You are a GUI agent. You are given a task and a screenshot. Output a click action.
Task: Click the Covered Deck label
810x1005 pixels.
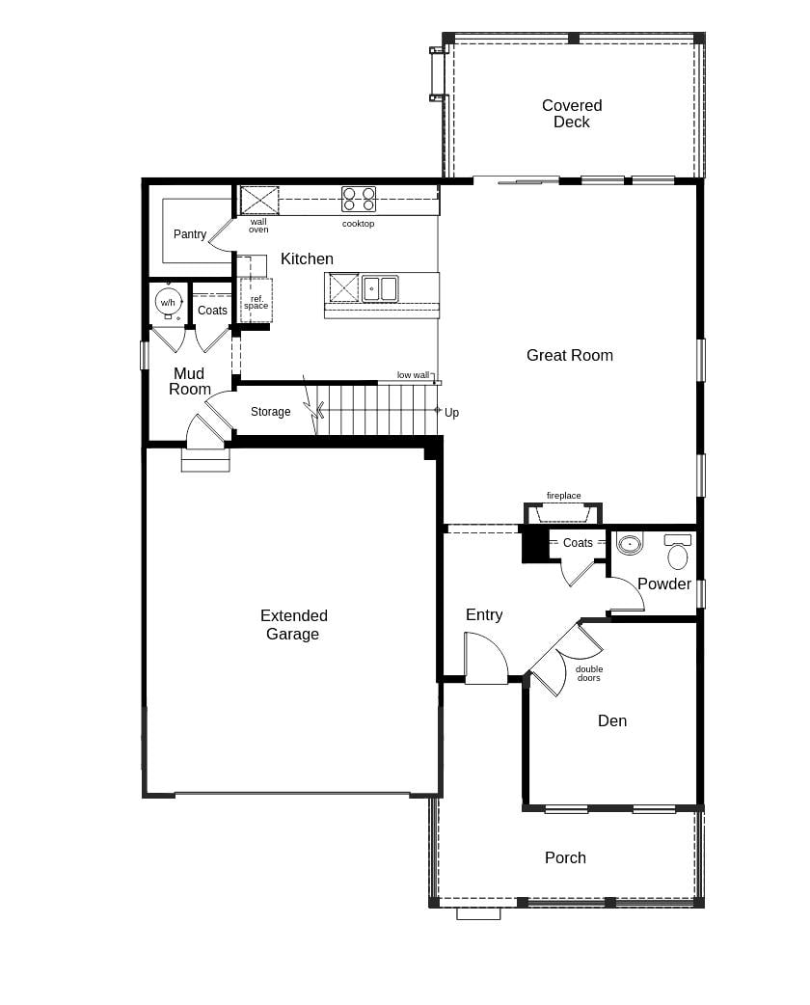(x=571, y=114)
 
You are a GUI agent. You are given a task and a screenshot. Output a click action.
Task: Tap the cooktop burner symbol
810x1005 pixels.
(x=359, y=200)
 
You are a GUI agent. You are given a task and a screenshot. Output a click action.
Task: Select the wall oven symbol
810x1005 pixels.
(x=259, y=201)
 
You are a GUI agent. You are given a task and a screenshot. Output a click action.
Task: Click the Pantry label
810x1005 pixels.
(x=190, y=234)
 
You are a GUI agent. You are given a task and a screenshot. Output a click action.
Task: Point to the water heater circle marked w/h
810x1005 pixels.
(x=168, y=302)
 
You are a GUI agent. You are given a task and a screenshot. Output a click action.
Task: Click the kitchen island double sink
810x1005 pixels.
(x=380, y=288)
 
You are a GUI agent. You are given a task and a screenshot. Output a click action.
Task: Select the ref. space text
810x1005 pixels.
(x=256, y=303)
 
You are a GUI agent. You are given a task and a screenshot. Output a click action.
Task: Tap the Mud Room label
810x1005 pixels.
(x=190, y=381)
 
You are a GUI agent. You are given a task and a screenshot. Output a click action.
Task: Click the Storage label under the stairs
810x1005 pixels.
(x=270, y=412)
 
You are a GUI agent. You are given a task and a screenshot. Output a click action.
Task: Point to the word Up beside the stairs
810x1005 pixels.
(x=451, y=413)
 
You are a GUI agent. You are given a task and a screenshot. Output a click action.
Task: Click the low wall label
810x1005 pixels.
(x=413, y=375)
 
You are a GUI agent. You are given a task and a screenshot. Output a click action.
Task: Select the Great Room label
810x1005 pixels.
(x=569, y=355)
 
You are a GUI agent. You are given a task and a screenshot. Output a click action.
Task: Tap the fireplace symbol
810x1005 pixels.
(x=563, y=513)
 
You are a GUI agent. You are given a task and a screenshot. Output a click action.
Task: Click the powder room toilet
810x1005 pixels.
(x=678, y=554)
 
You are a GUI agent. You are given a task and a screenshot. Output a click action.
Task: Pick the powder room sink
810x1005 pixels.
(x=630, y=544)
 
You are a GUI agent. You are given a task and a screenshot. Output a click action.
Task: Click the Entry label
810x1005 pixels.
(x=484, y=614)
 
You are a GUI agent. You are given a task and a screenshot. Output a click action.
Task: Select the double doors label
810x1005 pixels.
(x=589, y=673)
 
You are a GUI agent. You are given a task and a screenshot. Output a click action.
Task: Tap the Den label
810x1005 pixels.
(x=611, y=720)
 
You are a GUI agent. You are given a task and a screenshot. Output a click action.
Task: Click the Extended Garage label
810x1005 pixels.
(x=293, y=625)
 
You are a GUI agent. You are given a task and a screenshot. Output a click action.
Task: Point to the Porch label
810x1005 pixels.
(x=565, y=857)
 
